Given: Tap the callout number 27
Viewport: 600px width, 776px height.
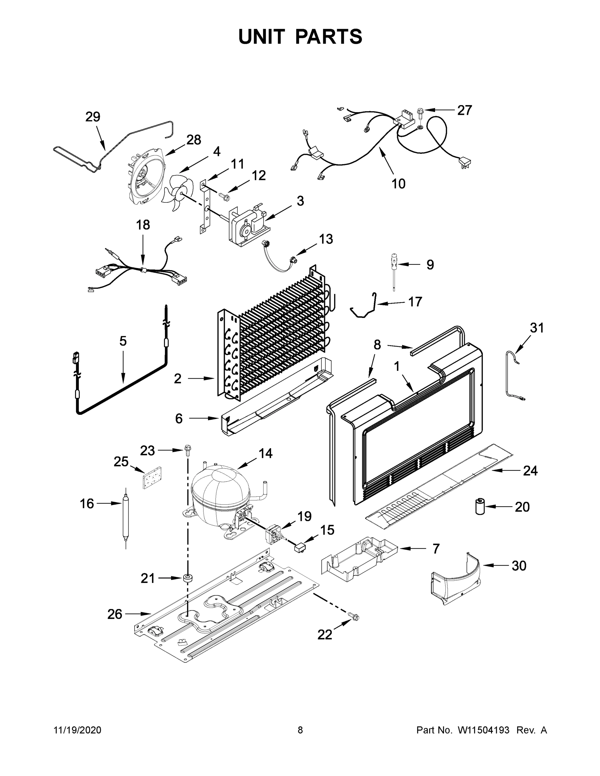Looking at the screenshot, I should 464,111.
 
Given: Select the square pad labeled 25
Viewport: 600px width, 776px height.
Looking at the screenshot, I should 152,478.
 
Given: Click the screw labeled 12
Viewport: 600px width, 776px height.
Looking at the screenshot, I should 223,195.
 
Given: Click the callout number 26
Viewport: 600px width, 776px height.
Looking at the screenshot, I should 115,614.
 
